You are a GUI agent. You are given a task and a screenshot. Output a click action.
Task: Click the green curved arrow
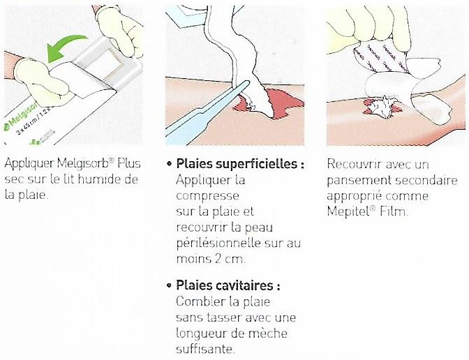[x=64, y=44]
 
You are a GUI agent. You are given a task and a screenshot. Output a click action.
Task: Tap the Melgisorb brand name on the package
[x=21, y=115]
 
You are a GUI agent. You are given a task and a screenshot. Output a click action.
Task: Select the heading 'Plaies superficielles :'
[x=240, y=164]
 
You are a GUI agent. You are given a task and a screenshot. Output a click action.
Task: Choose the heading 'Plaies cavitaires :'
[x=228, y=285]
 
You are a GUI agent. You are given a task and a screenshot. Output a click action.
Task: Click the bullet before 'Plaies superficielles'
[x=170, y=164]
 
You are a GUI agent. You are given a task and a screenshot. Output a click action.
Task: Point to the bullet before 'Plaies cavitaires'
[x=170, y=285]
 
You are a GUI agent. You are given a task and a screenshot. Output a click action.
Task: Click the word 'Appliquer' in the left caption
[x=29, y=164]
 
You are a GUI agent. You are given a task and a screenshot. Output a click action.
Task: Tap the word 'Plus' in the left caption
[x=129, y=163]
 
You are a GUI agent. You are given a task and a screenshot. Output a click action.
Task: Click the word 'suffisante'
[x=204, y=349]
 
